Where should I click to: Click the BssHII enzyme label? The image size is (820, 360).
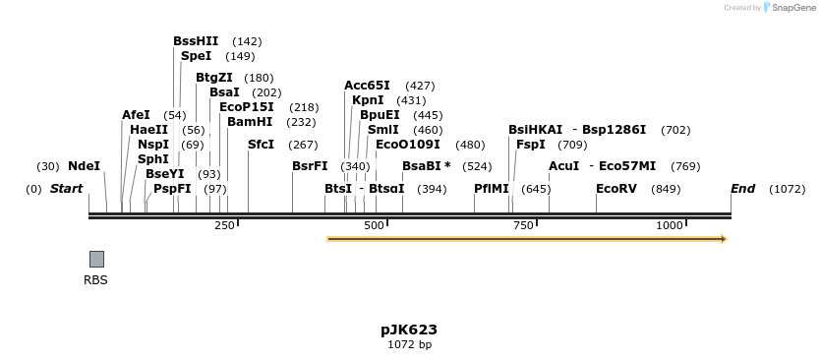coord(196,41)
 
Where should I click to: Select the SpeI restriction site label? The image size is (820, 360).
coord(196,56)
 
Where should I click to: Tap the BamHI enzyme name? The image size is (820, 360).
coord(250,122)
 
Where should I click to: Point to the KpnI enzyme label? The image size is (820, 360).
coord(368,100)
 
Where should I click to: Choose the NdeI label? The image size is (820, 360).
coord(85,166)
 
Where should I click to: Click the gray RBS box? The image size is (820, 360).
coord(96,259)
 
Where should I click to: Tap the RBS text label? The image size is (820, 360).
coord(96,280)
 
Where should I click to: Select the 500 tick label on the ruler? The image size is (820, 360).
coord(375,226)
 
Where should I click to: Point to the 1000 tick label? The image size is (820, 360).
coord(670,226)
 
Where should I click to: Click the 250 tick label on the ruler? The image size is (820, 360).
coord(225,226)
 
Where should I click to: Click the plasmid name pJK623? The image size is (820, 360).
coord(409,330)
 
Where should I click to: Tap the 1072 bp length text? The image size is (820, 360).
coord(409,345)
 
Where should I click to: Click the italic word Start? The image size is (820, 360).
coord(66,188)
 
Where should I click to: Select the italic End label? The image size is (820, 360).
coord(742,188)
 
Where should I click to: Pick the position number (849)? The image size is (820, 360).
coord(666,189)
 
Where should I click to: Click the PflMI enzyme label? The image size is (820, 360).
coord(492,188)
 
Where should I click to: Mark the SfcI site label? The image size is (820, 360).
coord(262,144)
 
